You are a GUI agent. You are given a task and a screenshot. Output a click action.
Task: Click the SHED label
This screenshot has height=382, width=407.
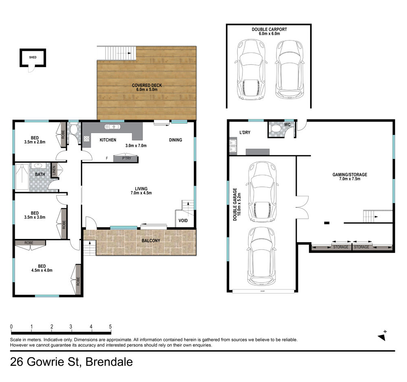click(33, 57)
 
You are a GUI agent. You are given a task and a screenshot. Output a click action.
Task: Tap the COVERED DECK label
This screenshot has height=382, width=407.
click(147, 85)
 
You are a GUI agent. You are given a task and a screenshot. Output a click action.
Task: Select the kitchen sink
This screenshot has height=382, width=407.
click(112, 127)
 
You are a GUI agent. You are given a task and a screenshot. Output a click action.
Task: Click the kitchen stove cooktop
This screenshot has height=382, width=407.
click(87, 139)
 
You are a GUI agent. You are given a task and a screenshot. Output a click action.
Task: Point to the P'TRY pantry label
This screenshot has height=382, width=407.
click(127, 158)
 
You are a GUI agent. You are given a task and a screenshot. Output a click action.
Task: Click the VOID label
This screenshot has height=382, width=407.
click(183, 221)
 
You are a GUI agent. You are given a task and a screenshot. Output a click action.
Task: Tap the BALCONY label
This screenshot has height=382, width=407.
click(151, 241)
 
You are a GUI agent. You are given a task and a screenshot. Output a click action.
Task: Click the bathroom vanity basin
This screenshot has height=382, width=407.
click(39, 166)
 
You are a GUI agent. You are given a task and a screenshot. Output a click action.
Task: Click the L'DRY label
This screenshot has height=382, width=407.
click(245, 132)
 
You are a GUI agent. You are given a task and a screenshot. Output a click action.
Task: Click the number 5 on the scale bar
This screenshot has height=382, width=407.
click(110, 327)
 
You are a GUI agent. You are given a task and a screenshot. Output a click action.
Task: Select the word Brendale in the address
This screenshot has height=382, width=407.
click(109, 362)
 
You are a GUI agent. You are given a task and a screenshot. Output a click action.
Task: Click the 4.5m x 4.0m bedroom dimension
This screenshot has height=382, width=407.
click(42, 270)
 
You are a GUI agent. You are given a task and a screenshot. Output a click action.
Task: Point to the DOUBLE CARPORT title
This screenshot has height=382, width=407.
click(269, 29)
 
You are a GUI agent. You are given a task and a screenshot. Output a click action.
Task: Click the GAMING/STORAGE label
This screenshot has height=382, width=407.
click(350, 175)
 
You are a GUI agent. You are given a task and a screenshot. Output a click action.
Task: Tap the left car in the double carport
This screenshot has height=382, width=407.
click(251, 69)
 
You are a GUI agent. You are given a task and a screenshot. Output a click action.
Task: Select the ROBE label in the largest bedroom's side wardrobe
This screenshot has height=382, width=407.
click(78, 282)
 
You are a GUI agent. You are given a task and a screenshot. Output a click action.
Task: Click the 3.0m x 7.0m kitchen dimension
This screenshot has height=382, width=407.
click(136, 145)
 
